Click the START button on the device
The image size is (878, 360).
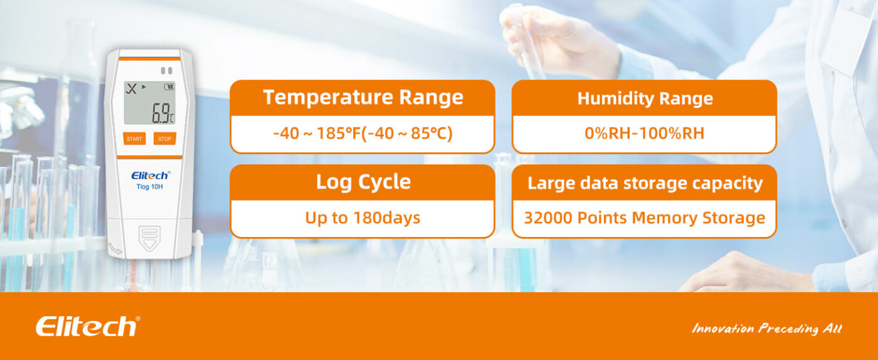tap(134, 139)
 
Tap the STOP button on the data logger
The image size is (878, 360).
tap(164, 139)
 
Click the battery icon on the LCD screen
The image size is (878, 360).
tap(169, 87)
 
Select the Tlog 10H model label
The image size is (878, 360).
tap(149, 187)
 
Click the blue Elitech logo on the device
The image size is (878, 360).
tap(151, 175)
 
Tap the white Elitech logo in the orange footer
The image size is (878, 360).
tap(88, 326)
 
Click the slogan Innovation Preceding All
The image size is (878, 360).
tap(766, 328)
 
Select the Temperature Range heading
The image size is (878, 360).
tap(363, 97)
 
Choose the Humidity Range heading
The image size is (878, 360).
tap(645, 98)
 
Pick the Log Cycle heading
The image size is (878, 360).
tap(363, 182)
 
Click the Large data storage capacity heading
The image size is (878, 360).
tap(645, 183)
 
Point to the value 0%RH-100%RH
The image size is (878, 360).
tap(645, 133)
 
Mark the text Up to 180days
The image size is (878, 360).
tap(362, 218)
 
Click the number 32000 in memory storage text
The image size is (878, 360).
tap(548, 218)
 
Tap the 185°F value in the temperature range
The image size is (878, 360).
tap(338, 133)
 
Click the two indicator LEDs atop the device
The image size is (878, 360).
tap(167, 71)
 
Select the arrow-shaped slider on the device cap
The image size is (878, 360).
tap(149, 238)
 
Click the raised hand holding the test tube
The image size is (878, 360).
tap(557, 40)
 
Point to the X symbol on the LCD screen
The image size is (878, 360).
tap(131, 88)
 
